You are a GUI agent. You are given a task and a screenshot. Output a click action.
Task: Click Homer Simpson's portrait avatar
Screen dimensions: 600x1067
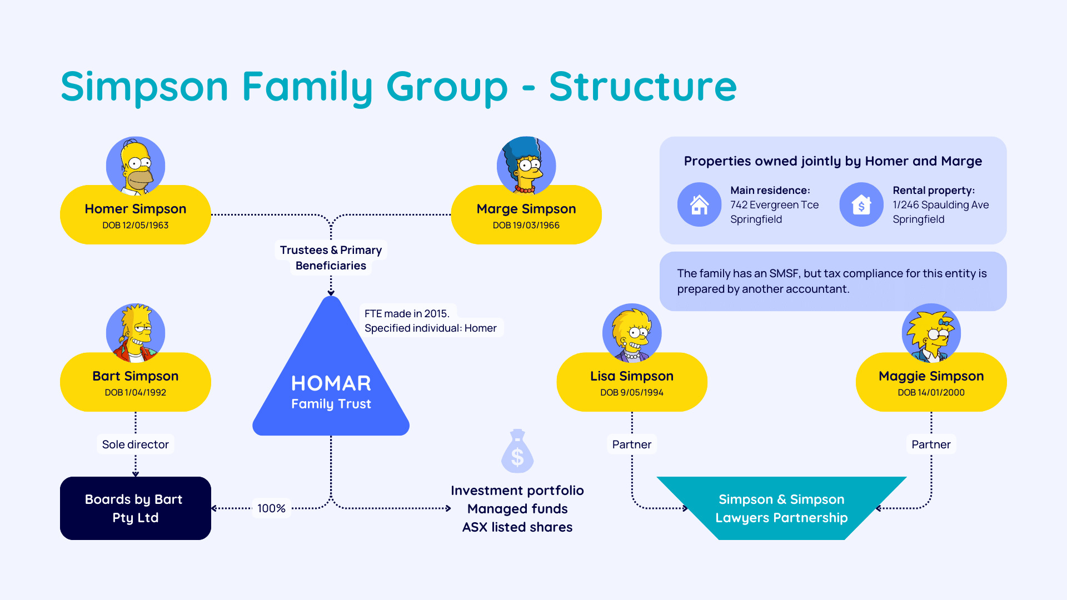click(x=136, y=166)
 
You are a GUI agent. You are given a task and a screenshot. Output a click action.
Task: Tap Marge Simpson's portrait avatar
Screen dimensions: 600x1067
click(x=526, y=166)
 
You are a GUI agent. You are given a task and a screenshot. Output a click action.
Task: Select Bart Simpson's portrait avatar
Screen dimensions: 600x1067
click(x=136, y=333)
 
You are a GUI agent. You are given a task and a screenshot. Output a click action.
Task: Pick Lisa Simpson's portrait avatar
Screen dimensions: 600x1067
click(x=632, y=333)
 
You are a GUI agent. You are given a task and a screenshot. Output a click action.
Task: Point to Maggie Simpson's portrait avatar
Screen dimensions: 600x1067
click(x=931, y=333)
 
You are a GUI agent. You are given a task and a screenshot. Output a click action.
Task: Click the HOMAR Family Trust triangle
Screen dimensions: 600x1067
click(x=331, y=383)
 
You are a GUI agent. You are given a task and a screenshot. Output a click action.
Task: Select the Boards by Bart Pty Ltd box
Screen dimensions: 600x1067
click(x=136, y=508)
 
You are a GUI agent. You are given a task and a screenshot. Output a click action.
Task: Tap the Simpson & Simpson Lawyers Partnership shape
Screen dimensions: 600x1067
click(x=781, y=508)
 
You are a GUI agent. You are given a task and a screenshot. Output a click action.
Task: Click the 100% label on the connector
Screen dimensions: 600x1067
click(x=271, y=508)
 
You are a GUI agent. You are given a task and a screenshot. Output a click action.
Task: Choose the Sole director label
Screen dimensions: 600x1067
click(x=136, y=444)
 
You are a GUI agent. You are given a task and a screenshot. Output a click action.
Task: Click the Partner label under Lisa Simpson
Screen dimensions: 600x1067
click(x=632, y=444)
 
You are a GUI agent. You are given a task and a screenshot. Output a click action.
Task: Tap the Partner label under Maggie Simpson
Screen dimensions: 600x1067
click(x=931, y=444)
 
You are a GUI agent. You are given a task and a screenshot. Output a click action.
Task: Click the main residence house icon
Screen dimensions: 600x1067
click(x=699, y=204)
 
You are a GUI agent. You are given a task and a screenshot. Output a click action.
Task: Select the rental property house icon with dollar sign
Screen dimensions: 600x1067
click(x=861, y=204)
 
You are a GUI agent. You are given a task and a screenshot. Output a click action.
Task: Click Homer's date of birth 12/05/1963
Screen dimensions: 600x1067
click(x=136, y=225)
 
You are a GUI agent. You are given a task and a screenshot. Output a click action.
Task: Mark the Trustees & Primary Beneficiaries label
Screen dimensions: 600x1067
click(x=331, y=258)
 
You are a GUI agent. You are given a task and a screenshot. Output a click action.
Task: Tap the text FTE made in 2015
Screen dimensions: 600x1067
click(x=407, y=313)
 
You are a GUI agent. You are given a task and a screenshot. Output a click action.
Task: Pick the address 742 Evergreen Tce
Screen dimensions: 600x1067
click(x=774, y=205)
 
